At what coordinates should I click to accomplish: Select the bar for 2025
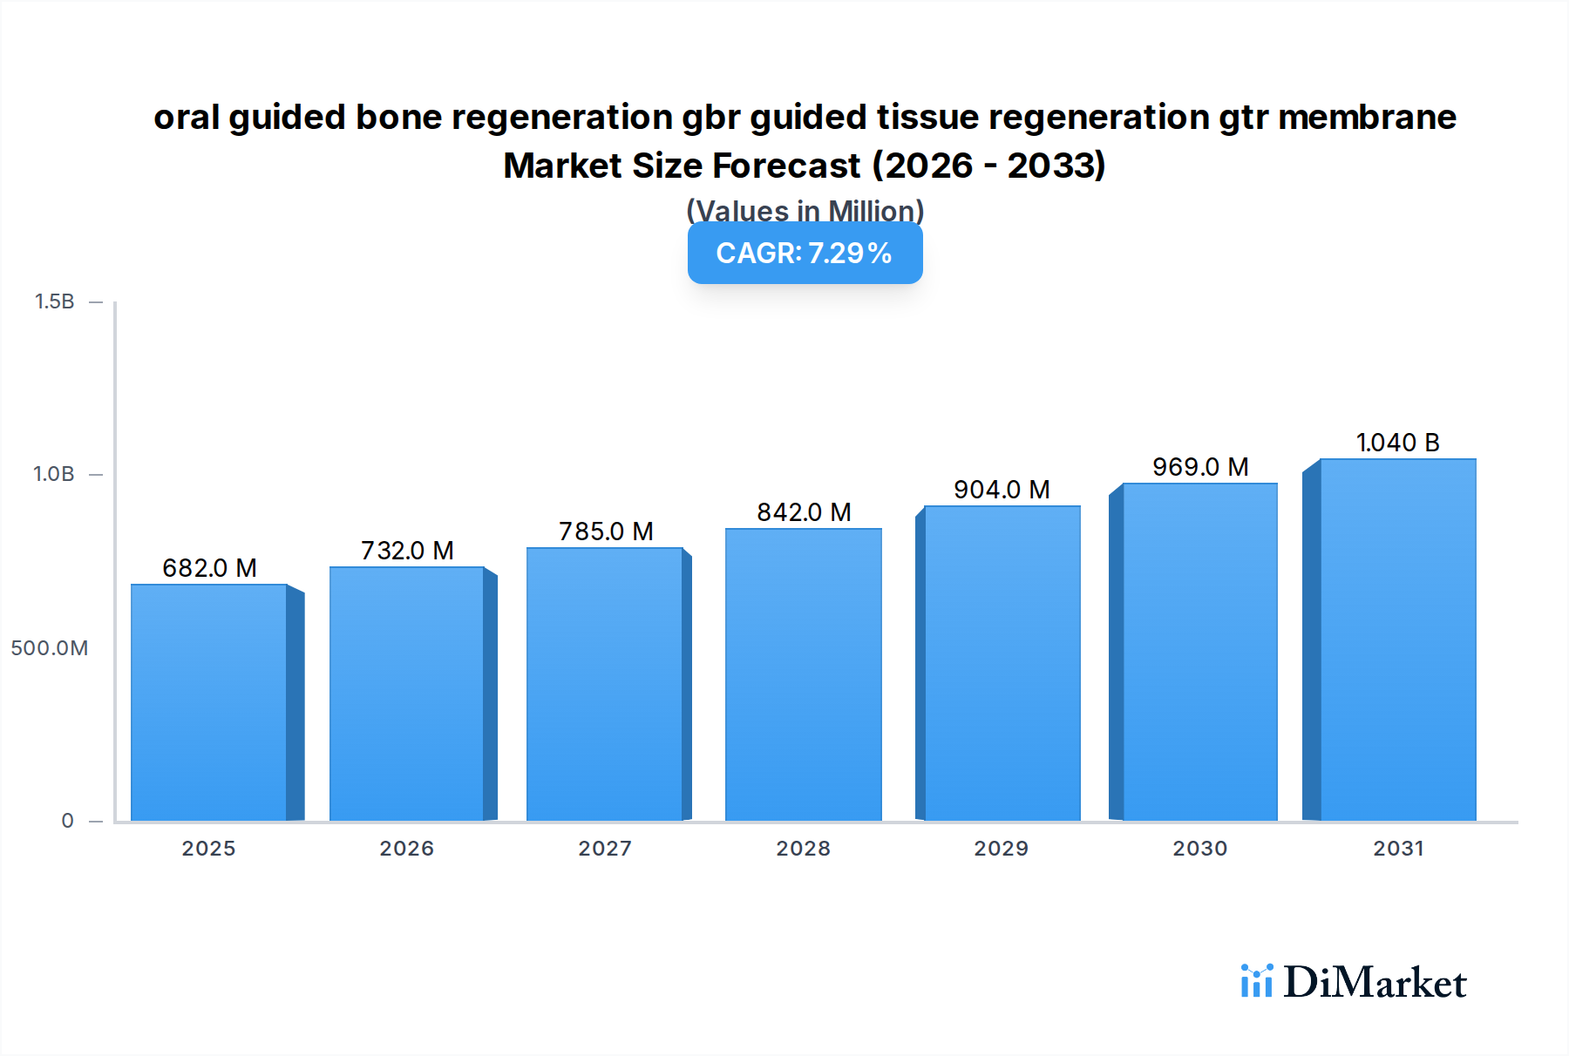[x=209, y=702]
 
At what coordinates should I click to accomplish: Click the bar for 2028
[x=803, y=674]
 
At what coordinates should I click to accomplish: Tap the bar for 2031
[x=1397, y=640]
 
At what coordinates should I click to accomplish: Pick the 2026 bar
[x=406, y=694]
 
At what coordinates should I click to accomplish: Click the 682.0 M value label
[x=209, y=568]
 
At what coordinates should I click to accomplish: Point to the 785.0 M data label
[x=606, y=531]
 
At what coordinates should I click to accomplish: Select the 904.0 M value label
[x=1002, y=490]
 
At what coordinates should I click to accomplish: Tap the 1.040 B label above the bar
[x=1397, y=443]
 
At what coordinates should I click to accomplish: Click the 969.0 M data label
[x=1200, y=467]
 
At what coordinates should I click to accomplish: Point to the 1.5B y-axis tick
[x=54, y=301]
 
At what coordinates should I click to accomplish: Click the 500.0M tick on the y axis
[x=50, y=648]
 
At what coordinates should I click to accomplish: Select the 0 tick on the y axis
[x=67, y=821]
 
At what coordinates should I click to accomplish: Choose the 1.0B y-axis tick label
[x=54, y=474]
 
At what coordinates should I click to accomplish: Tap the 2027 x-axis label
[x=605, y=849]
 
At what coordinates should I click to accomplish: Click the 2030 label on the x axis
[x=1199, y=849]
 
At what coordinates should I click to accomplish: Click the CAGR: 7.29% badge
[x=805, y=254]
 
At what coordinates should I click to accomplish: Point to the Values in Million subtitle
[x=805, y=210]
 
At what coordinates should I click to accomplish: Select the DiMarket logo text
[x=1375, y=983]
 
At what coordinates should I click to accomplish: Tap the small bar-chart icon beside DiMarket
[x=1256, y=981]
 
